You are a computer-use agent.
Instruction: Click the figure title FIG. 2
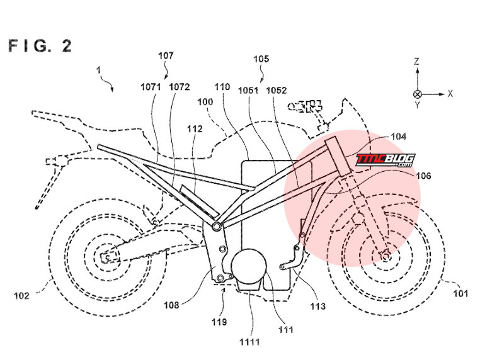[40, 46]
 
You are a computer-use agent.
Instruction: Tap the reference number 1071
[151, 87]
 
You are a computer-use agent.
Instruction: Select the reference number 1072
[180, 87]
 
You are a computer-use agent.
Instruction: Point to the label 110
[222, 87]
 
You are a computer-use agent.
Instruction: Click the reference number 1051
[248, 90]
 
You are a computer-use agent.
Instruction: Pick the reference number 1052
[277, 90]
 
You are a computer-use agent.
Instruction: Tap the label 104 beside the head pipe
[398, 137]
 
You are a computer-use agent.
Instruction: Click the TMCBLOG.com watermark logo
[386, 160]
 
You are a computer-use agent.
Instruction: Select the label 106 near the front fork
[423, 176]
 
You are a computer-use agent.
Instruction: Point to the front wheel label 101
[460, 294]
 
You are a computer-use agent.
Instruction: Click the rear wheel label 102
[21, 296]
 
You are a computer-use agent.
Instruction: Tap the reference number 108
[171, 305]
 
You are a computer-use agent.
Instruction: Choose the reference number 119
[219, 322]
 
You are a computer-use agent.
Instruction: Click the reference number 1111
[250, 342]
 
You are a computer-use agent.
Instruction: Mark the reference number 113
[317, 306]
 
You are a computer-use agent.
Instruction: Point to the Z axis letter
[416, 61]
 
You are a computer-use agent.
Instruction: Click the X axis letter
[450, 94]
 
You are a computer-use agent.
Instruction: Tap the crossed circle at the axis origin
[418, 94]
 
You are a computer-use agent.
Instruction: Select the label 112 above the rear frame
[195, 129]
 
